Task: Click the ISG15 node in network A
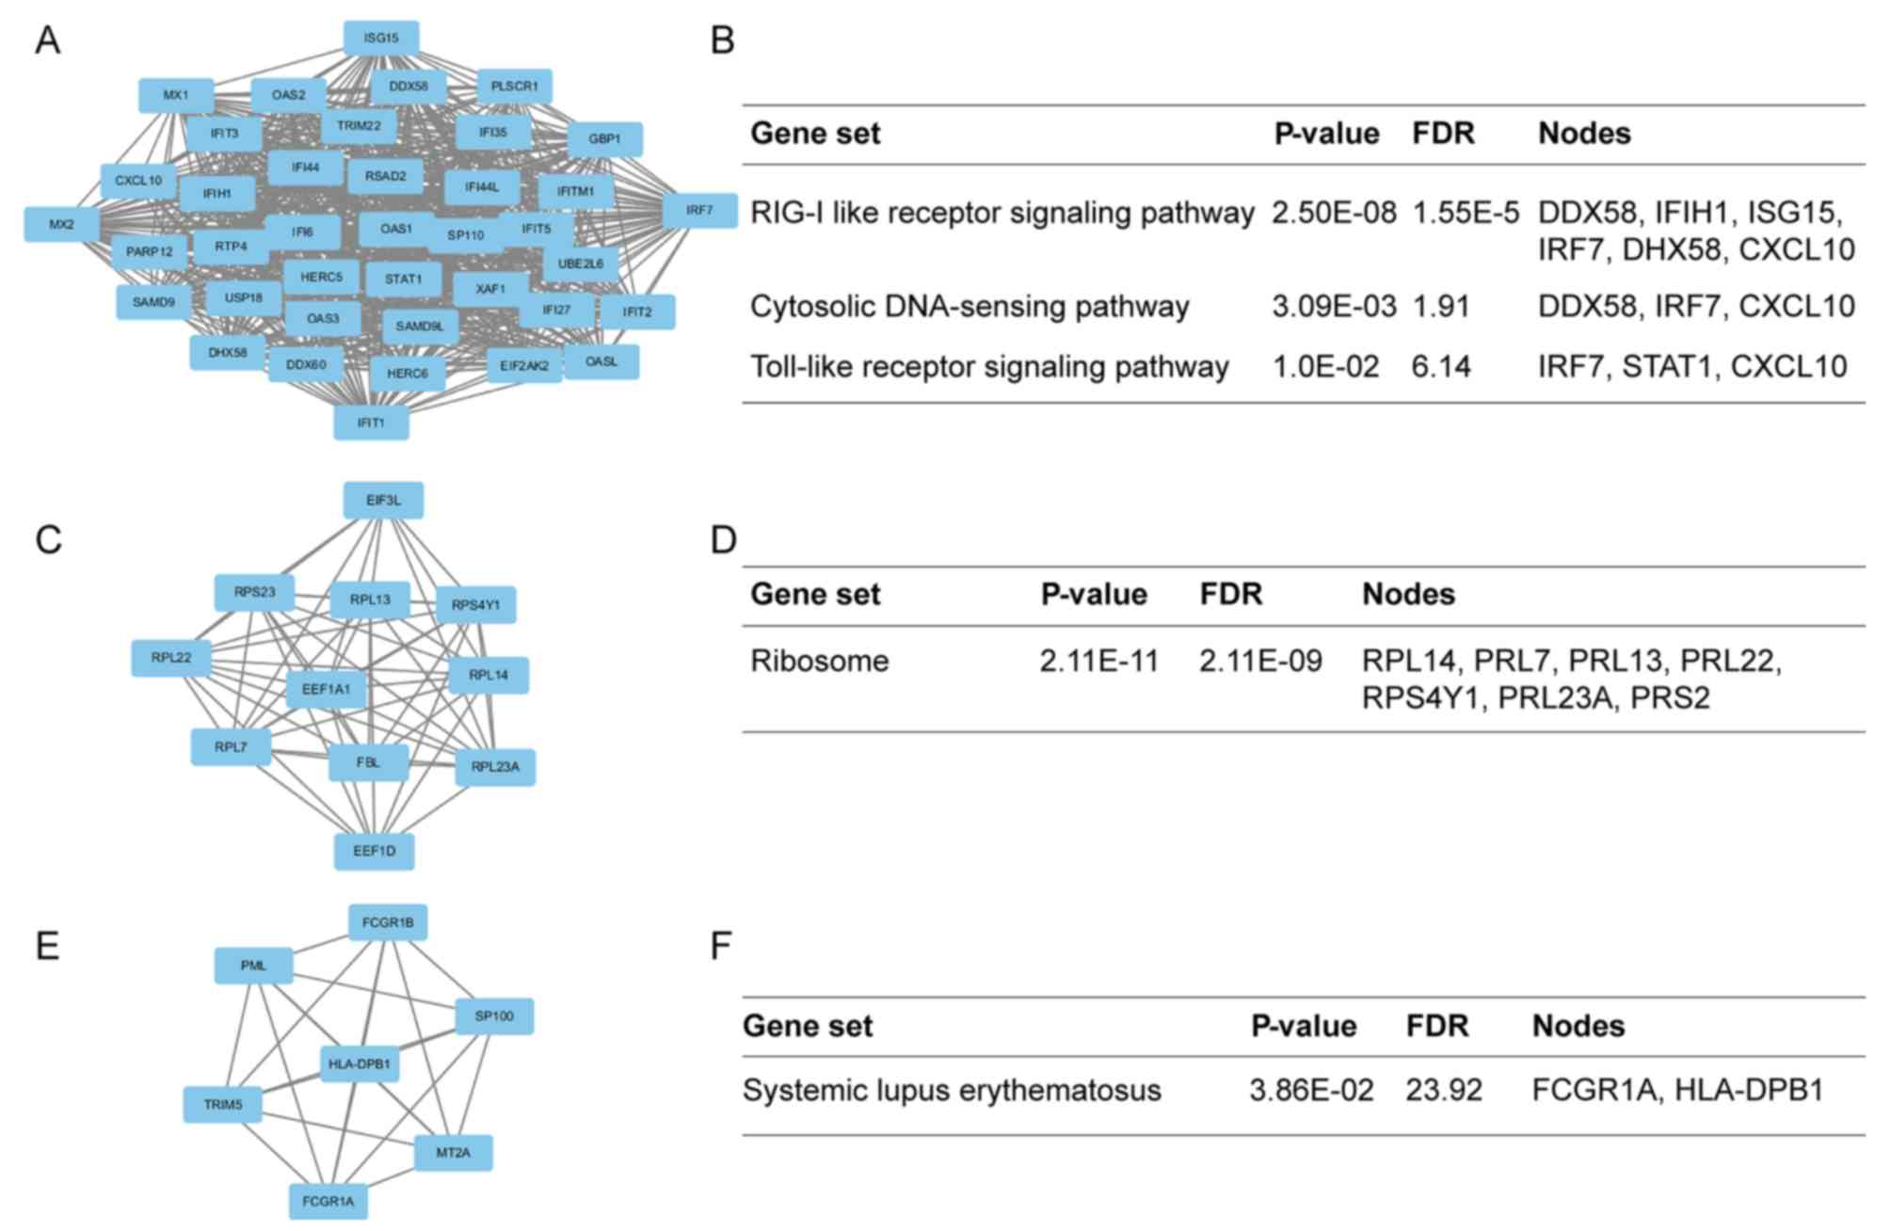[381, 39]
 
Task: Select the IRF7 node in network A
[699, 210]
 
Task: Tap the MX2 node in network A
[61, 224]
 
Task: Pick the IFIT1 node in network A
[371, 423]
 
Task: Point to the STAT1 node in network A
[403, 279]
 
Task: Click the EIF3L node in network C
[383, 501]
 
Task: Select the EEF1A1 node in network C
[326, 689]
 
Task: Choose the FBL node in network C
[368, 762]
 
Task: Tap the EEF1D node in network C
[374, 851]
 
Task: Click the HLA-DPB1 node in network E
[359, 1064]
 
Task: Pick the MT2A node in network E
[453, 1152]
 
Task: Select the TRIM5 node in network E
[223, 1104]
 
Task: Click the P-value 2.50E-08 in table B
[1334, 213]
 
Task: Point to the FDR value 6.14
[1440, 366]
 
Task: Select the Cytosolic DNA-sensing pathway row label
[969, 306]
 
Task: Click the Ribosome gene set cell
[819, 661]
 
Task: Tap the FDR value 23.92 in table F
[1444, 1090]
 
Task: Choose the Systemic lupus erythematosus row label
[952, 1090]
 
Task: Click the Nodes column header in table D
[1408, 594]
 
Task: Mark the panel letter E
[47, 946]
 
